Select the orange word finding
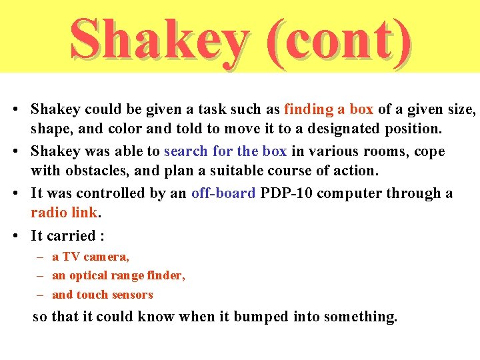pyautogui.click(x=309, y=109)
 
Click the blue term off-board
pyautogui.click(x=223, y=193)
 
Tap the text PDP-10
pyautogui.click(x=285, y=193)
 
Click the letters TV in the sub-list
pyautogui.click(x=71, y=257)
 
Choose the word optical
pyautogui.click(x=89, y=275)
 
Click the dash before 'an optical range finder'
pyautogui.click(x=41, y=275)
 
